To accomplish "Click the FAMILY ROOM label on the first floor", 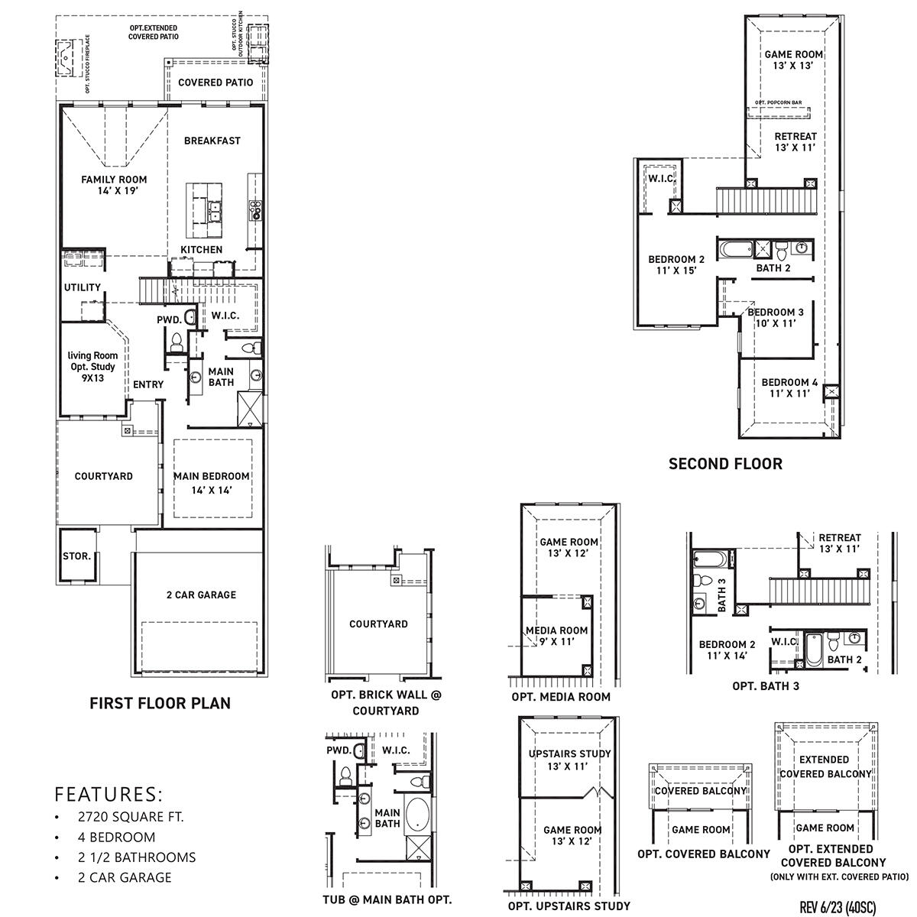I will pyautogui.click(x=115, y=185).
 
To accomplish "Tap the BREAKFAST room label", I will pyautogui.click(x=212, y=141).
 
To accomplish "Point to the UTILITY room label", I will pyautogui.click(x=82, y=287).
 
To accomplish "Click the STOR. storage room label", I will pyautogui.click(x=76, y=556).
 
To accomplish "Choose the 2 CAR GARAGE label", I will pyautogui.click(x=201, y=595).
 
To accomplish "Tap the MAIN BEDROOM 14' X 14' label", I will pyautogui.click(x=212, y=482).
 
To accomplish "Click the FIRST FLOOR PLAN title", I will pyautogui.click(x=160, y=703).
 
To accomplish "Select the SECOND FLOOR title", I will pyautogui.click(x=725, y=463).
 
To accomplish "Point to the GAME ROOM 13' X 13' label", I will pyautogui.click(x=793, y=60).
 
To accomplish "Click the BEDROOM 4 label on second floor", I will pyautogui.click(x=789, y=387).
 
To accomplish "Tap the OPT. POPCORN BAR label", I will pyautogui.click(x=777, y=102).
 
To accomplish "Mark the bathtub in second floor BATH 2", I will pyautogui.click(x=734, y=249).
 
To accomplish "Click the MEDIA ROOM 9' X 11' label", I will pyautogui.click(x=556, y=636).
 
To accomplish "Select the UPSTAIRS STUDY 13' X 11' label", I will pyautogui.click(x=569, y=759).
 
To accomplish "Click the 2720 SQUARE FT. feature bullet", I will pyautogui.click(x=131, y=817).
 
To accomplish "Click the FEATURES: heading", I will pyautogui.click(x=109, y=792).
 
